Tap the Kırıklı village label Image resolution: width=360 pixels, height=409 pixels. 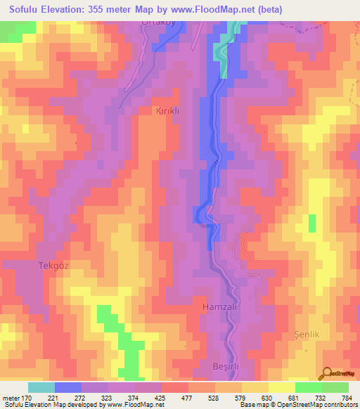[x=169, y=111]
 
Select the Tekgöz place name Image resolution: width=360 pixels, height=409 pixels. [x=53, y=266]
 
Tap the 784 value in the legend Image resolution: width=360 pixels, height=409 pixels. [x=348, y=398]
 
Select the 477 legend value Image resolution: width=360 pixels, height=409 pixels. [x=187, y=398]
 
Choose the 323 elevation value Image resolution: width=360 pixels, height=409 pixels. [x=106, y=398]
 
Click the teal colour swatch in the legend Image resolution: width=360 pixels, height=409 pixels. [x=41, y=387]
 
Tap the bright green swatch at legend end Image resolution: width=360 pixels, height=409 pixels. [x=335, y=387]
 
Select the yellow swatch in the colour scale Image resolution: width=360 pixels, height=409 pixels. [x=281, y=387]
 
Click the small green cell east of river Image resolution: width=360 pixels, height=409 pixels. [x=311, y=223]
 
